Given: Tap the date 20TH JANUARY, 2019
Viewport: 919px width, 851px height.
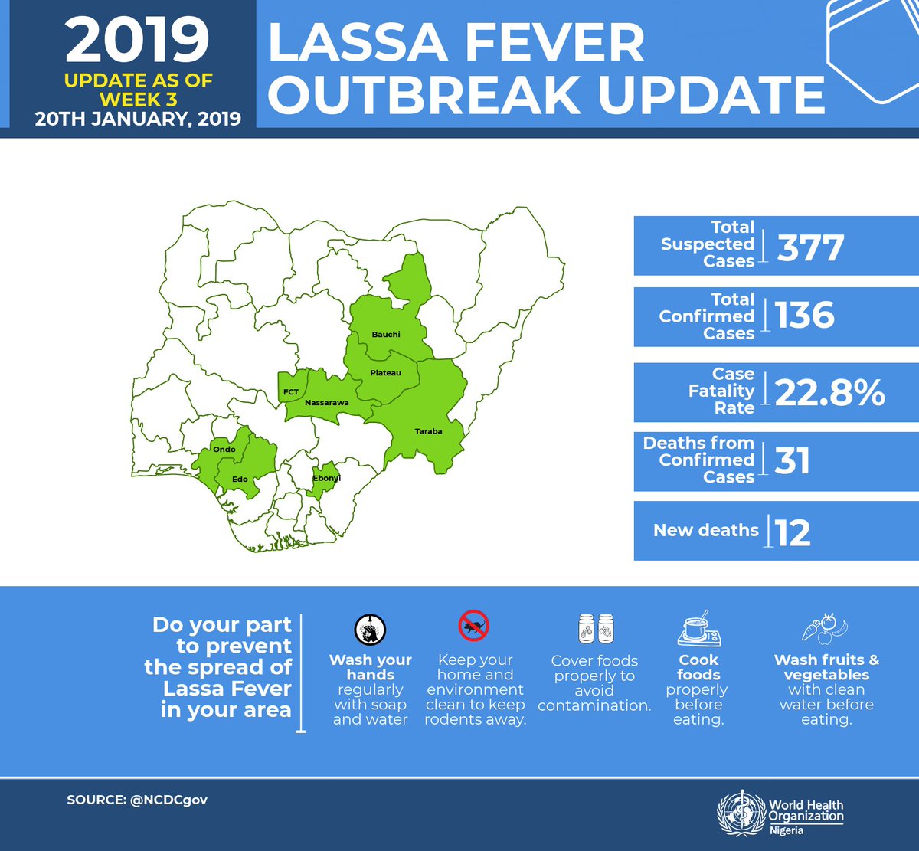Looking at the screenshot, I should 138,119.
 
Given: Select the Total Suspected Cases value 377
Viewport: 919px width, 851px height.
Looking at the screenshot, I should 810,247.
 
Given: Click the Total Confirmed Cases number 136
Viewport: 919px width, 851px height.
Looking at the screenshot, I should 804,316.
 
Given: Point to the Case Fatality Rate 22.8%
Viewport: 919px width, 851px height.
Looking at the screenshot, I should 829,392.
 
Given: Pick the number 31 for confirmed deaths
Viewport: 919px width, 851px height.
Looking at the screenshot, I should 792,461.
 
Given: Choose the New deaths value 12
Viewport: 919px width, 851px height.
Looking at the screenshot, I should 792,532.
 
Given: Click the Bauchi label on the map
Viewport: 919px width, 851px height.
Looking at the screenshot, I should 386,334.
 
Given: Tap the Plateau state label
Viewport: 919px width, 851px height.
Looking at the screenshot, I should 385,373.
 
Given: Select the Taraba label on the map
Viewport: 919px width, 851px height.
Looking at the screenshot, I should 428,431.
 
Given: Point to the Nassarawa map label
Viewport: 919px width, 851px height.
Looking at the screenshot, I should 326,402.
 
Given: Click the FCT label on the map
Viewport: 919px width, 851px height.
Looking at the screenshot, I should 291,392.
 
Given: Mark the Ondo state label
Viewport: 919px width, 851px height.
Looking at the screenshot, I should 224,450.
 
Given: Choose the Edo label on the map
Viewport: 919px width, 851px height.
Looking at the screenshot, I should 240,480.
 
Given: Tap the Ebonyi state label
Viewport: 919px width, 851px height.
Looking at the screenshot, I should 327,478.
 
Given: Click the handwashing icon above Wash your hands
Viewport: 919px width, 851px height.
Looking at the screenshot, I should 370,630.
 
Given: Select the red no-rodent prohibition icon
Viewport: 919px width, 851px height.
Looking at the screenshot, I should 473,626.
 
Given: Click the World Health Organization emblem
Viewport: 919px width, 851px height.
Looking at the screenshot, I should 741,813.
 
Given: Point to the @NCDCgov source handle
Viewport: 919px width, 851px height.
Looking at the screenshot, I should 168,800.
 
